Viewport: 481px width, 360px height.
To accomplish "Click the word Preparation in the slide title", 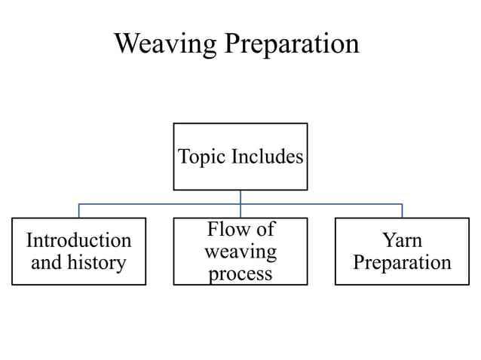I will (x=290, y=44).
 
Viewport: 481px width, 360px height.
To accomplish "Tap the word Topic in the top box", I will (x=202, y=157).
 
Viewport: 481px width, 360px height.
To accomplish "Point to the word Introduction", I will (x=78, y=240).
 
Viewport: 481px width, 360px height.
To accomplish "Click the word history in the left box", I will (x=95, y=263).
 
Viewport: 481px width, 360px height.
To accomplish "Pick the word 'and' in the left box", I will (x=46, y=263).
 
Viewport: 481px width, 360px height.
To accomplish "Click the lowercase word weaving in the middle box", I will (x=240, y=251).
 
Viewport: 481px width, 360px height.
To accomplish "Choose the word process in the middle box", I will (x=240, y=273).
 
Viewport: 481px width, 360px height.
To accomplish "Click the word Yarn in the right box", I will (x=402, y=240).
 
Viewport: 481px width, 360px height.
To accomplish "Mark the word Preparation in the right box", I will (x=402, y=263).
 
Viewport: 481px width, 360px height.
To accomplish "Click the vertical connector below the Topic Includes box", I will (x=240, y=197).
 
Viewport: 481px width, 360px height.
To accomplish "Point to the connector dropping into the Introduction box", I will (x=79, y=211).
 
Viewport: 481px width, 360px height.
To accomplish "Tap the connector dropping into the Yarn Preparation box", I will (x=402, y=211).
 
